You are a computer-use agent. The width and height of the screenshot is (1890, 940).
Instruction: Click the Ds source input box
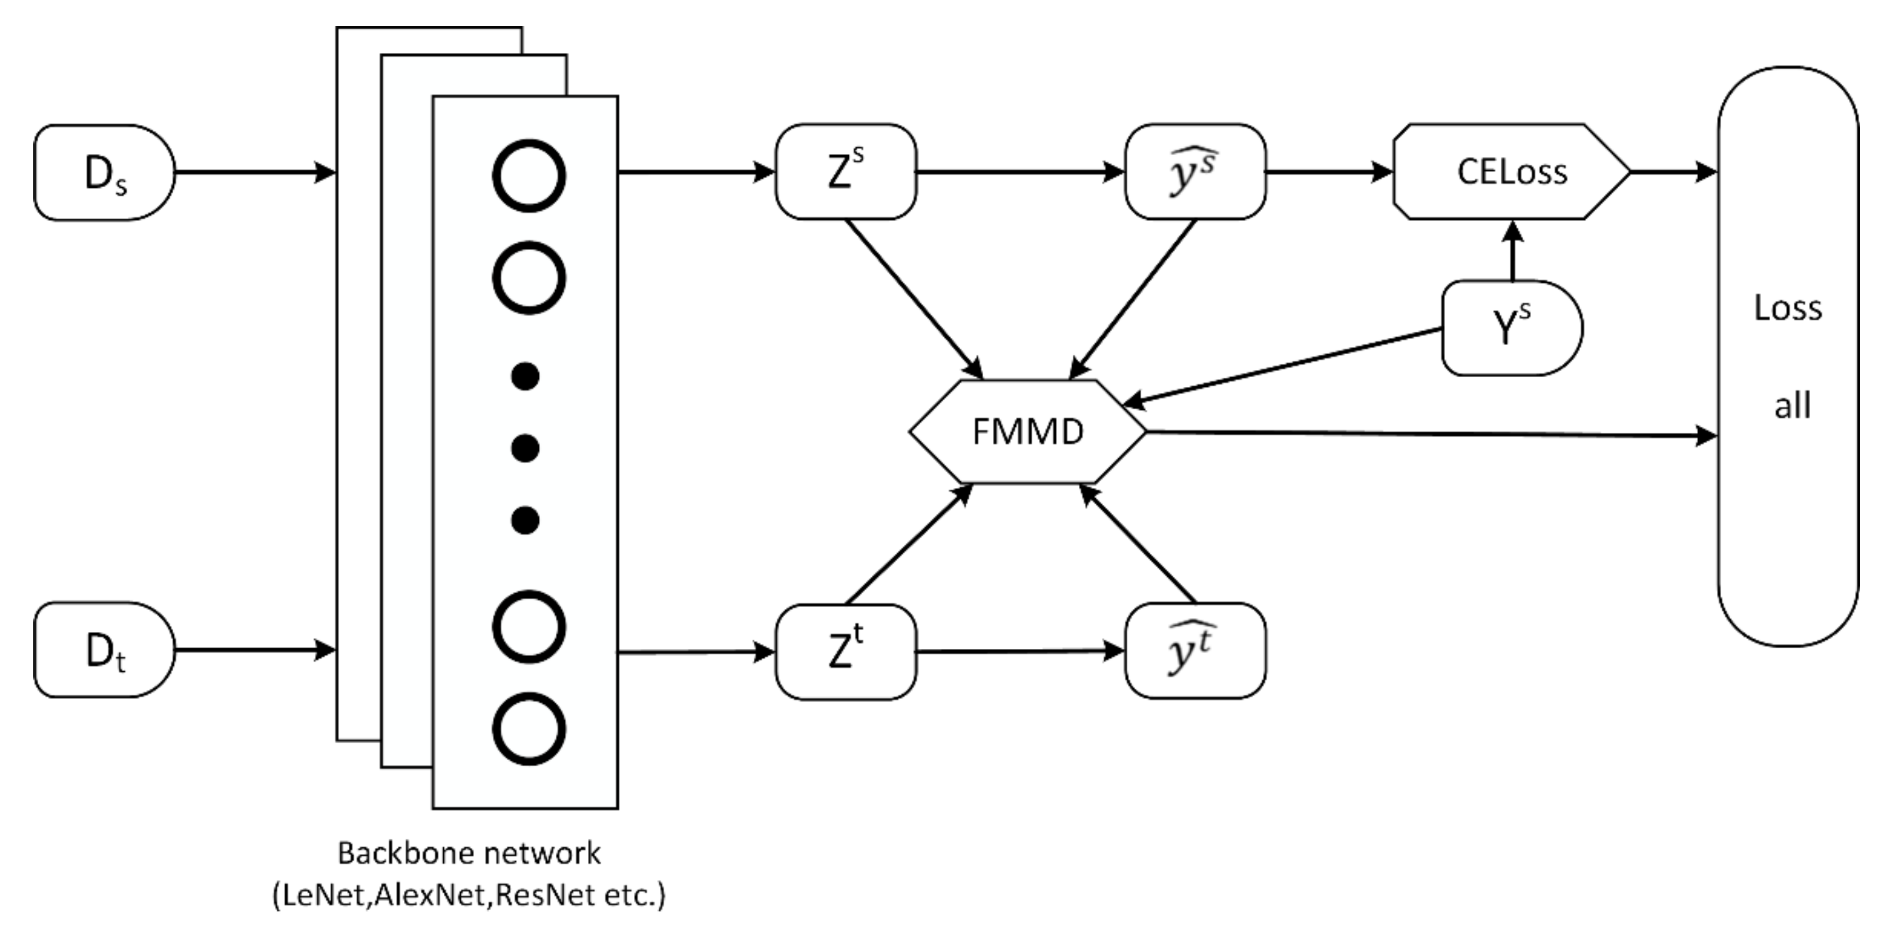pos(104,173)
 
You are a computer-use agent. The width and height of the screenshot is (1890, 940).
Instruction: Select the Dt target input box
pos(104,650)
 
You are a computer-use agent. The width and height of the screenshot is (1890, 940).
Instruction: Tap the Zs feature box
pos(845,171)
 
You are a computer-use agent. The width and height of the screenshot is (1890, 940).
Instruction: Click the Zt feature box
pos(845,651)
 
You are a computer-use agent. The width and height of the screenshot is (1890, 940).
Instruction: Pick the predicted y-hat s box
pos(1194,171)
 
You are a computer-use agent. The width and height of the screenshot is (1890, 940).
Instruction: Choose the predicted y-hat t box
pos(1194,651)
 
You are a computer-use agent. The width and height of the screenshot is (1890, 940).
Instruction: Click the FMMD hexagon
pos(1027,432)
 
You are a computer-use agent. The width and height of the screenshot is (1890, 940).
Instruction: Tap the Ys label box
pos(1511,328)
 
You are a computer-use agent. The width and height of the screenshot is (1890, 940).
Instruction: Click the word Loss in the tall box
pos(1787,308)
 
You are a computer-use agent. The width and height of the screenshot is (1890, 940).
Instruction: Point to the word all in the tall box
pos(1792,405)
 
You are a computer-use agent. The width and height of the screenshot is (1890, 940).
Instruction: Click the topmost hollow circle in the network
pos(528,176)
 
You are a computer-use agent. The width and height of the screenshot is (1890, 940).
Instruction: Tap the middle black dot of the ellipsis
pos(525,448)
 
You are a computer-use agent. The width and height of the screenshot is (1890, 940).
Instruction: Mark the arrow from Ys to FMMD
pos(1284,365)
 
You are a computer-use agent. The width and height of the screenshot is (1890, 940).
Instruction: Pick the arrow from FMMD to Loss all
pos(1430,434)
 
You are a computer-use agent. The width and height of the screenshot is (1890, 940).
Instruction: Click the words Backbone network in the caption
pos(469,853)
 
